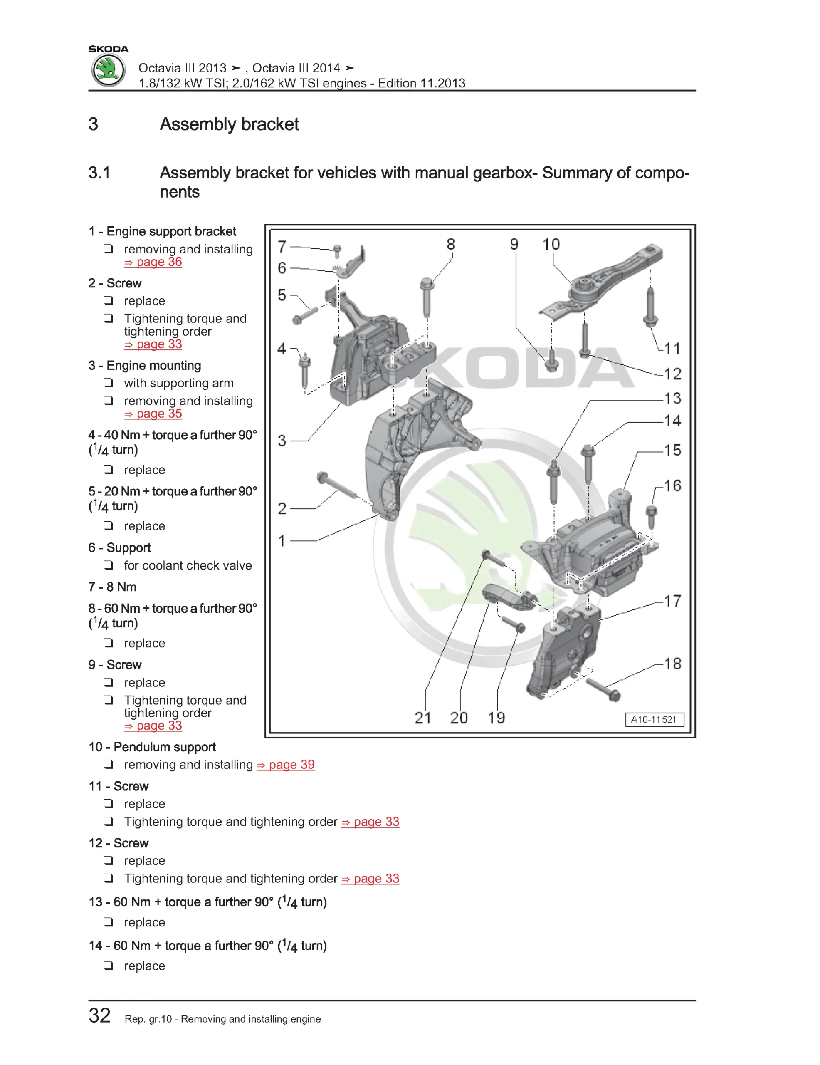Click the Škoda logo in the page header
108,70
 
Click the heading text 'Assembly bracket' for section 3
229,124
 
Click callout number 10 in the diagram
551,244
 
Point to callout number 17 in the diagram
672,601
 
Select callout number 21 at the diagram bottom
422,718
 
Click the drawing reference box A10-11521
654,719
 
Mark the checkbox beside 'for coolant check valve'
108,565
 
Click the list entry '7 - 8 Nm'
113,587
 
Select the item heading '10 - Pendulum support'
152,747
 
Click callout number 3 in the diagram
282,441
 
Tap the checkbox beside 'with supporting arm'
108,383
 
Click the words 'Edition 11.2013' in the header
422,83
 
